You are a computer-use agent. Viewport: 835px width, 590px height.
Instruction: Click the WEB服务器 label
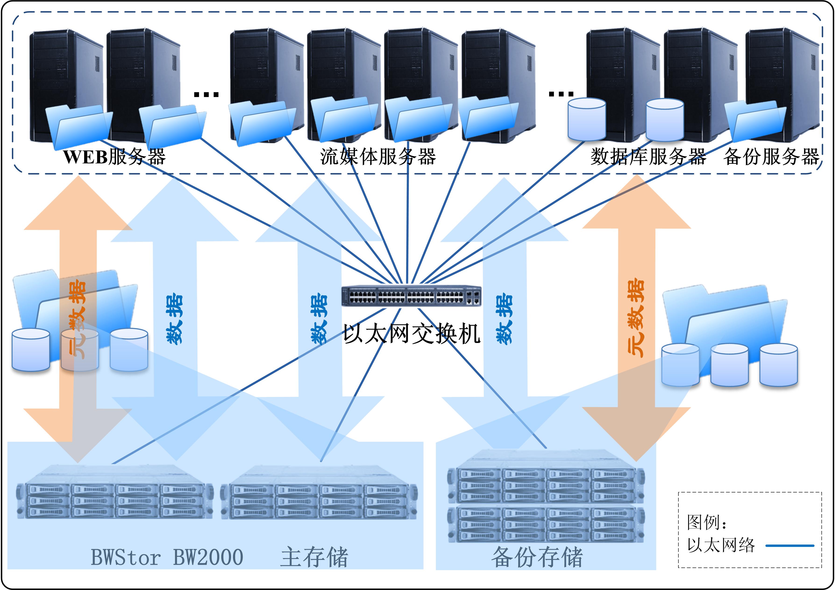pos(114,157)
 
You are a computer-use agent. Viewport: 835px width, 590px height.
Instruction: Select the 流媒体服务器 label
pos(378,157)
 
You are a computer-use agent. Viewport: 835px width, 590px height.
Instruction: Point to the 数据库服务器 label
pos(648,157)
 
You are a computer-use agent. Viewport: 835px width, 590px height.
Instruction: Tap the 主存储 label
pos(314,557)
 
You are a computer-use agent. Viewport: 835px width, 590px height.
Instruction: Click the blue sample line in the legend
pos(789,546)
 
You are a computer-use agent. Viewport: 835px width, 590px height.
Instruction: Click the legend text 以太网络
pos(721,545)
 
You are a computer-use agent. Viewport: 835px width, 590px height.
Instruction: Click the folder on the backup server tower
pos(755,122)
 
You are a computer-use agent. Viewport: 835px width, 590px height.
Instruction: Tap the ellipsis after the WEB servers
pos(206,95)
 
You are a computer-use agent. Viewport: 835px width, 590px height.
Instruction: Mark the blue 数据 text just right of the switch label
pos(505,319)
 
